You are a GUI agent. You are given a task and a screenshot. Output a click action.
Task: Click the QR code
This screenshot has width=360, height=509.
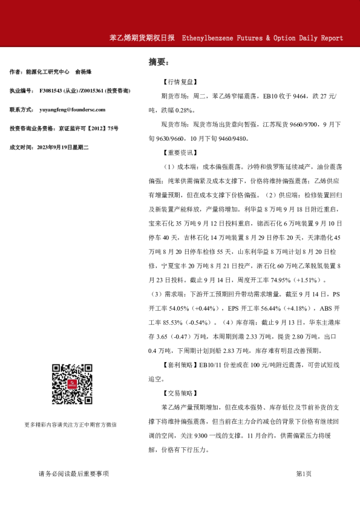pyautogui.click(x=71, y=384)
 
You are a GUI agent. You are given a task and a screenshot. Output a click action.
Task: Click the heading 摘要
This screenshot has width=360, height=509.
pyautogui.click(x=159, y=62)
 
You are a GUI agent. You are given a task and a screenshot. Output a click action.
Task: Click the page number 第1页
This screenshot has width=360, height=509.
pyautogui.click(x=303, y=474)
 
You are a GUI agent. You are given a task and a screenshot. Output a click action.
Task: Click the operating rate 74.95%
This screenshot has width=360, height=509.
pyautogui.click(x=275, y=280)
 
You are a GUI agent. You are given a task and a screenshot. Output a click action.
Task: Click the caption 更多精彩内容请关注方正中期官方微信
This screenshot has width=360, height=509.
pyautogui.click(x=71, y=424)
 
